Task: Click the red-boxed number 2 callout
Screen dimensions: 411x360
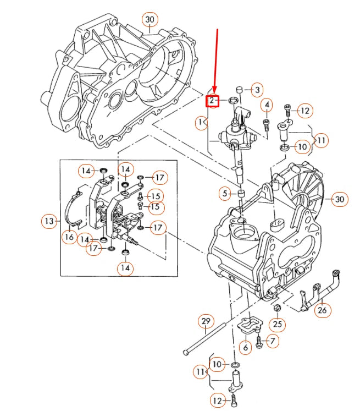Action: (212, 101)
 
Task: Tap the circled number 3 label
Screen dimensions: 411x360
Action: (257, 90)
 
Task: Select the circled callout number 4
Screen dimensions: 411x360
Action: (266, 105)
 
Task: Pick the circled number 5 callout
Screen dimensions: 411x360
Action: (224, 193)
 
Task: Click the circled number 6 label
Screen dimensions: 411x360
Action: (245, 347)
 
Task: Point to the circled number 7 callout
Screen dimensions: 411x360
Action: (271, 342)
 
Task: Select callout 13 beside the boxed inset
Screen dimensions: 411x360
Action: (49, 221)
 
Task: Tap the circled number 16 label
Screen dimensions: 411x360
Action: (69, 237)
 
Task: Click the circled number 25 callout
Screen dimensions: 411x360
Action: (278, 325)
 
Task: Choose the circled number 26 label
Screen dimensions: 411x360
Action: (322, 310)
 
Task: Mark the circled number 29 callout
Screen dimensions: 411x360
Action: (206, 321)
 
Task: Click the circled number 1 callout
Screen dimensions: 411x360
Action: (202, 122)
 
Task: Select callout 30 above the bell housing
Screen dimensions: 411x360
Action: (149, 20)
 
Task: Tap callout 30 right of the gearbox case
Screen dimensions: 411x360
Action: (340, 199)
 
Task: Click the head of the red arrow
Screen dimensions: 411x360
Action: (214, 92)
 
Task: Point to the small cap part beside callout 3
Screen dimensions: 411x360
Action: (240, 90)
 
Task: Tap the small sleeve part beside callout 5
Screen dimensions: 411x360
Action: (240, 194)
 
